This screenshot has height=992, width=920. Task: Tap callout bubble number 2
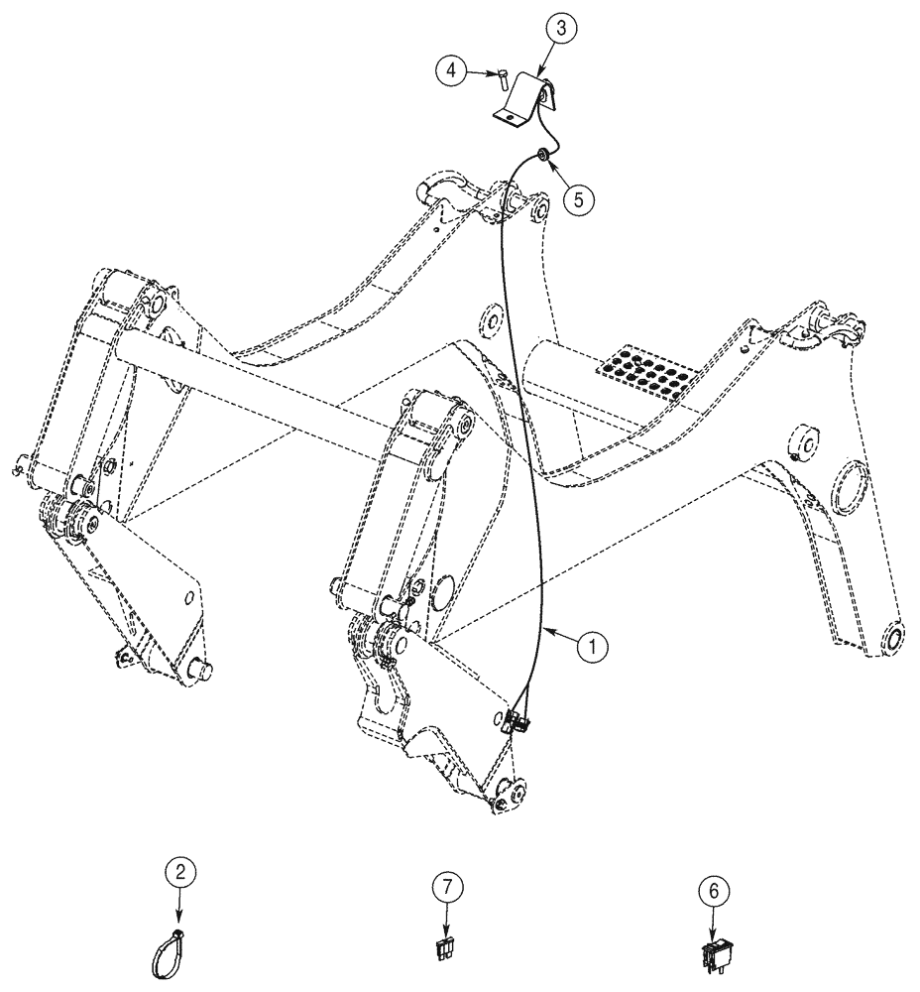179,873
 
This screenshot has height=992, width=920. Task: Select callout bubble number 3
561,30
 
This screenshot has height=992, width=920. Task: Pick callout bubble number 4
451,70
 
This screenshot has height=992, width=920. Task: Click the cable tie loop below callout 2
171,946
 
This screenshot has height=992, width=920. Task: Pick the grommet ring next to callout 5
544,155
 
